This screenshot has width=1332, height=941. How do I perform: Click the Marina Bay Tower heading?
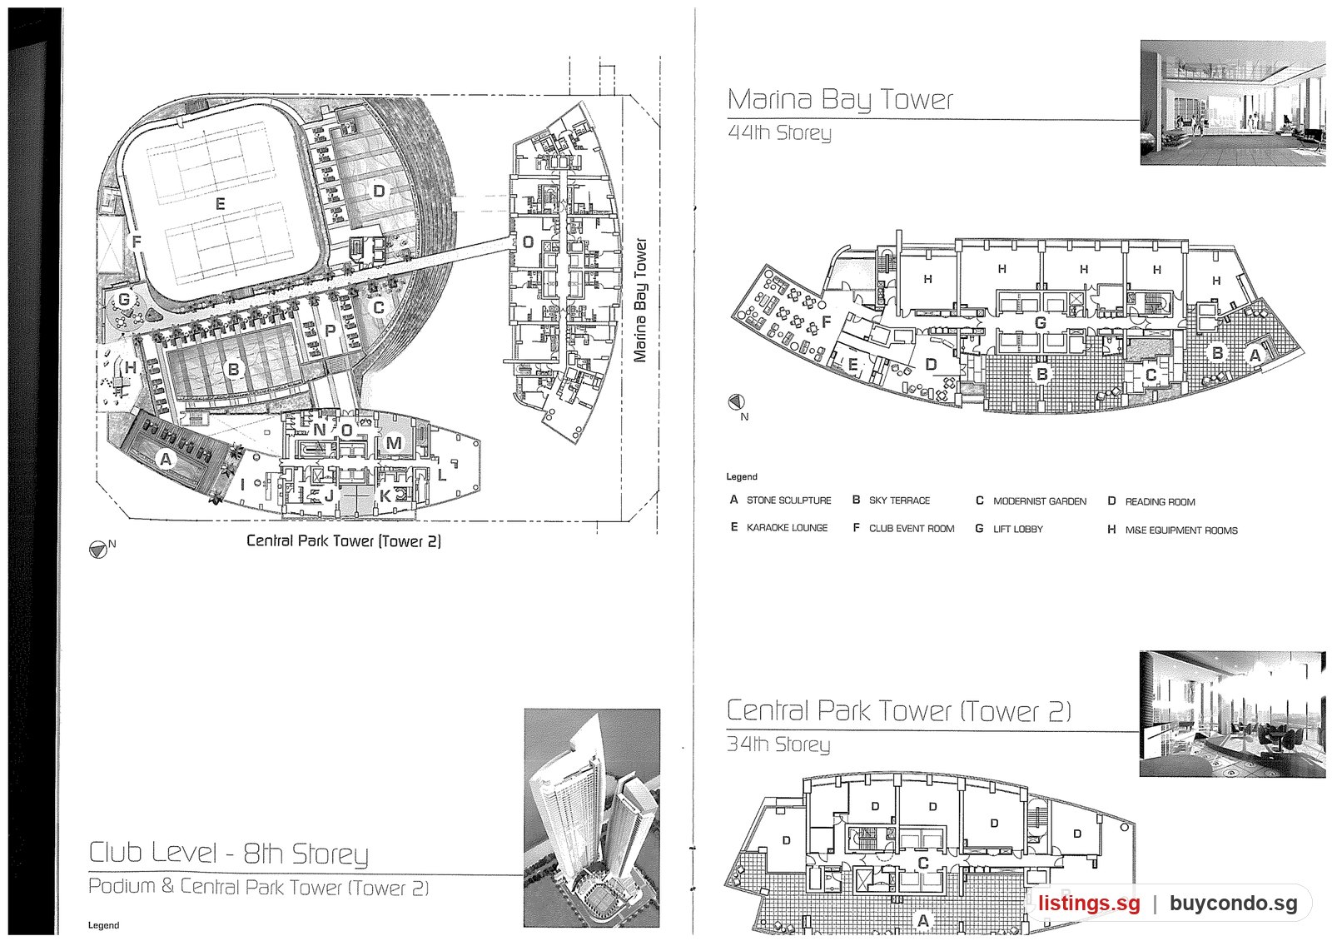(840, 99)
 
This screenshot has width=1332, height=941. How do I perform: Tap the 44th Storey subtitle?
(779, 132)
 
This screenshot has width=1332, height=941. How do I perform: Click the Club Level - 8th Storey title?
(228, 853)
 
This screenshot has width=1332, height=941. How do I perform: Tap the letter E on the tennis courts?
(220, 204)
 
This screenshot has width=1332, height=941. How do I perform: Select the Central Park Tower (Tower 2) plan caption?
(344, 540)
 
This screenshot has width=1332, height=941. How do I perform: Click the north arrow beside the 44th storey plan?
(736, 403)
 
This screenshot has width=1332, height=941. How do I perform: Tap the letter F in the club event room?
(826, 322)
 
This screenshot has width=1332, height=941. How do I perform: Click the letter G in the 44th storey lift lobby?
(1040, 323)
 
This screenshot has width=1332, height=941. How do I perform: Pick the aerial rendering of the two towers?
(592, 818)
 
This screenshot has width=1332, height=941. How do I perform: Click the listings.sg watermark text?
(1089, 904)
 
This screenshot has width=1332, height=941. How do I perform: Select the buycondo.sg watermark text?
(1233, 904)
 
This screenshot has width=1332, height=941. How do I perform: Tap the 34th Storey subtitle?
(778, 744)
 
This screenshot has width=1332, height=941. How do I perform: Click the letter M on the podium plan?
(394, 442)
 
